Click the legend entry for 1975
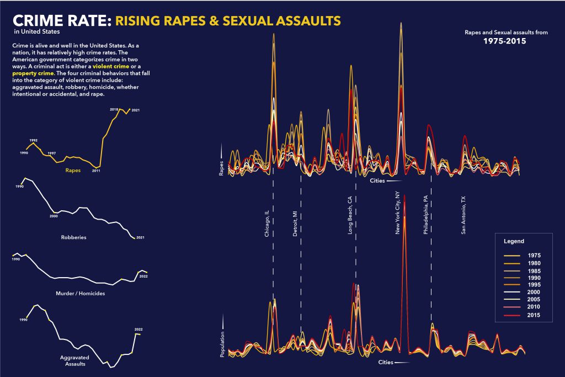click(x=534, y=256)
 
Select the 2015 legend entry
click(x=534, y=315)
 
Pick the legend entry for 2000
click(x=534, y=291)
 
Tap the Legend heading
click(x=514, y=241)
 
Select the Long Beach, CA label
click(x=350, y=217)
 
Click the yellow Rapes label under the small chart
click(x=73, y=171)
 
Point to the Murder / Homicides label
click(x=81, y=293)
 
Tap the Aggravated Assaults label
click(x=74, y=361)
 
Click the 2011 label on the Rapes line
click(x=96, y=171)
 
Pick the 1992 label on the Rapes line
click(x=33, y=141)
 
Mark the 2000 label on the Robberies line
click(x=54, y=216)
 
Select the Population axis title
click(x=222, y=344)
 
